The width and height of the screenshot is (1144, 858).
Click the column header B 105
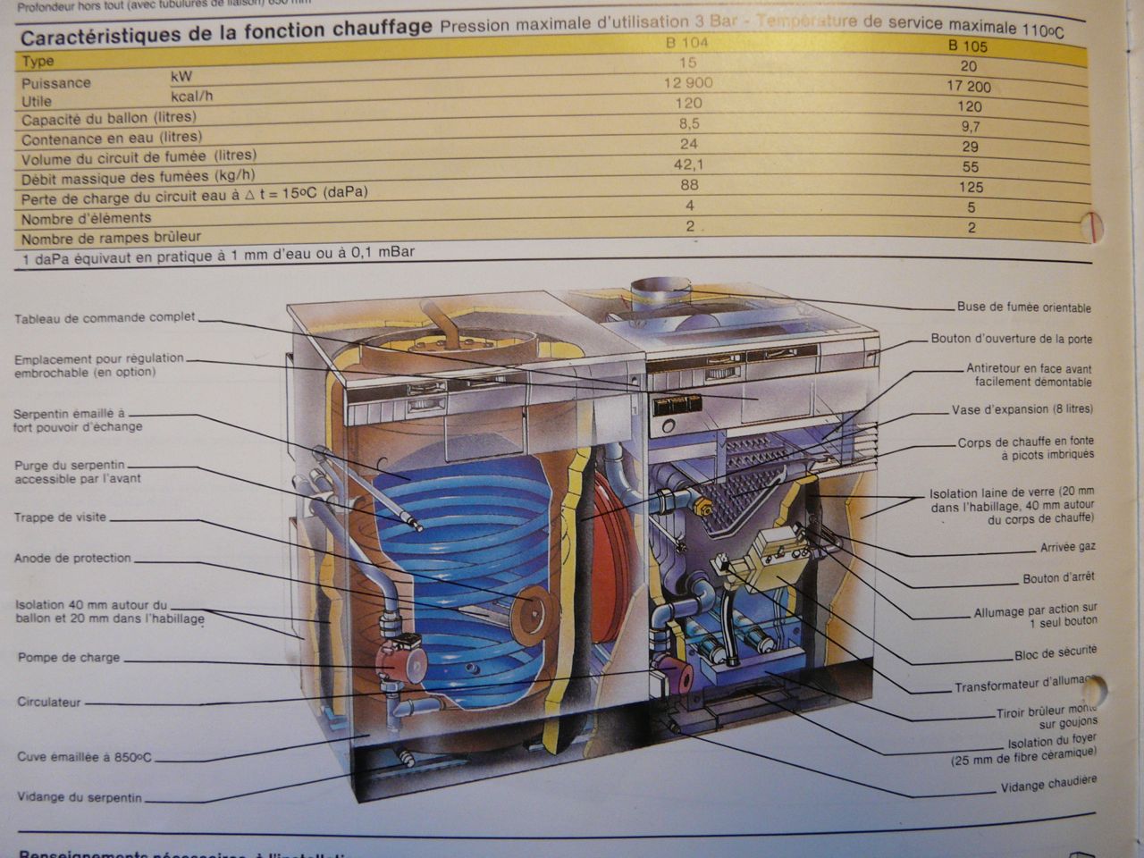pyautogui.click(x=968, y=46)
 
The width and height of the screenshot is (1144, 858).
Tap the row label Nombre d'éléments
pyautogui.click(x=86, y=218)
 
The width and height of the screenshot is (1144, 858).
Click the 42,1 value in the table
pyautogui.click(x=687, y=164)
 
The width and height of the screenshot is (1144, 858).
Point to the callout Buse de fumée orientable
pyautogui.click(x=1023, y=307)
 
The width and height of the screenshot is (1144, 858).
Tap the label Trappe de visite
pyautogui.click(x=60, y=517)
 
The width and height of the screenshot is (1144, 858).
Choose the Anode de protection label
pyautogui.click(x=72, y=559)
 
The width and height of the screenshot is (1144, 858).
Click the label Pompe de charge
pyautogui.click(x=68, y=658)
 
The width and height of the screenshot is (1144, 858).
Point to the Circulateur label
pyautogui.click(x=49, y=702)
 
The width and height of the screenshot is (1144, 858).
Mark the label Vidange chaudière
pyautogui.click(x=1048, y=785)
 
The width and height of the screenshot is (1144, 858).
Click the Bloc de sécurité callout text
pyautogui.click(x=1055, y=653)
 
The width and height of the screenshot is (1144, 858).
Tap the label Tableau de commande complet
pyautogui.click(x=105, y=318)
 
